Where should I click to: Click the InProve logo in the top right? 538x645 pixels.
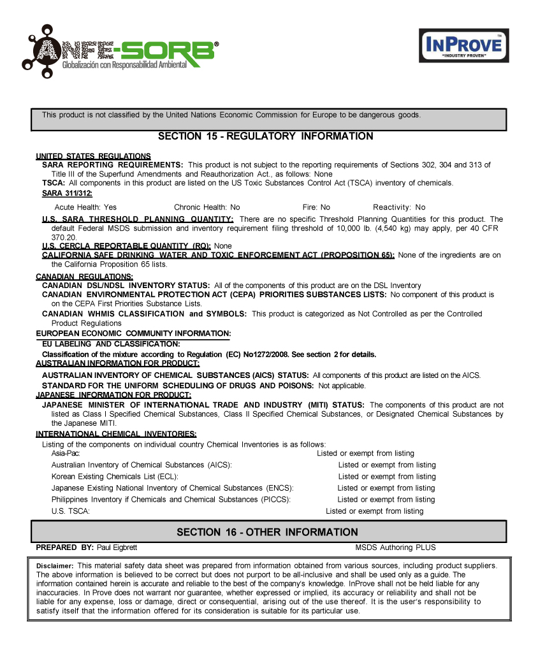463,45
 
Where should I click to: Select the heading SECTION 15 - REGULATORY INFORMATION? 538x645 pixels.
265,136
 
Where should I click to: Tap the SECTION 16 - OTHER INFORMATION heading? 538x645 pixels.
267,532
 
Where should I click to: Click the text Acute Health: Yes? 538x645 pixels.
85,207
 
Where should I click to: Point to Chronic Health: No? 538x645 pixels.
207,207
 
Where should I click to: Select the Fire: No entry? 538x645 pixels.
316,207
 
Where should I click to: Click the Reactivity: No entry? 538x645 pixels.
399,207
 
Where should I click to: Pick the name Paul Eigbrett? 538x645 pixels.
117,547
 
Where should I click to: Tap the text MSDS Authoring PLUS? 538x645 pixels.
395,547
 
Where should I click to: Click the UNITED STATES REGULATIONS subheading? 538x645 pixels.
93,156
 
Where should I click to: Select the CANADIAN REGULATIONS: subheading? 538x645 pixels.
84,277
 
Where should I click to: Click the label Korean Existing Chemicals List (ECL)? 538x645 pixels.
115,476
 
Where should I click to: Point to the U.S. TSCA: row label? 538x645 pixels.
70,511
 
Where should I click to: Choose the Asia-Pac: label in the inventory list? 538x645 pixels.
66,453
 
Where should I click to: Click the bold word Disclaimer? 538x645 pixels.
55,566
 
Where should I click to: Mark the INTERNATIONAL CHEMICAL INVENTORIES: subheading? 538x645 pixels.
116,434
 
